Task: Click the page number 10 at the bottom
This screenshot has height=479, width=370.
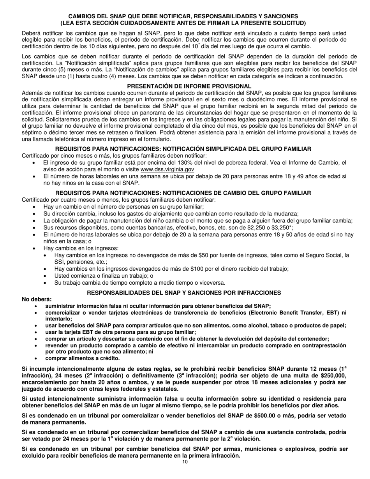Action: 185,462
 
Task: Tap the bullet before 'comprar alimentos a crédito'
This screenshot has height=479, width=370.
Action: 36,358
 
